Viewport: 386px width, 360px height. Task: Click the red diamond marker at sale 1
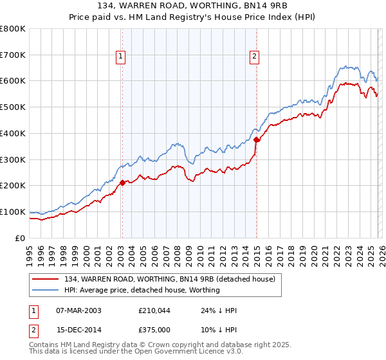coord(122,183)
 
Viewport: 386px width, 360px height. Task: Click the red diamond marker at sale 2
coord(256,139)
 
